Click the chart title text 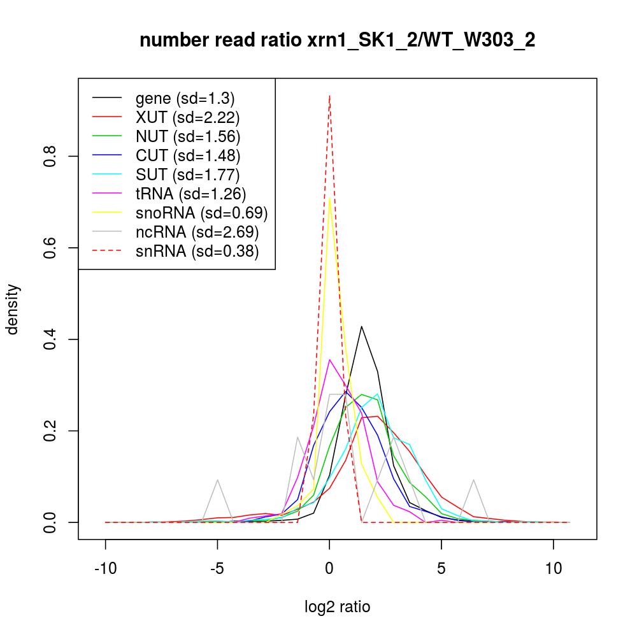(337, 41)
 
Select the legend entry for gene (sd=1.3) (185, 99)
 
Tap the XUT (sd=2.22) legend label (187, 117)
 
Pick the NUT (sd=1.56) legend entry (187, 136)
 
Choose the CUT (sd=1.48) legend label (187, 155)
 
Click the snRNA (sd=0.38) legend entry (197, 251)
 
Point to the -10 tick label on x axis (105, 569)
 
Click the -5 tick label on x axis (217, 569)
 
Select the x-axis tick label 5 (441, 569)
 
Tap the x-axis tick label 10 (553, 569)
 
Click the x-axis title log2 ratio (337, 607)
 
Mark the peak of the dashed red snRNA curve (329, 96)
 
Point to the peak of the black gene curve (362, 326)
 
